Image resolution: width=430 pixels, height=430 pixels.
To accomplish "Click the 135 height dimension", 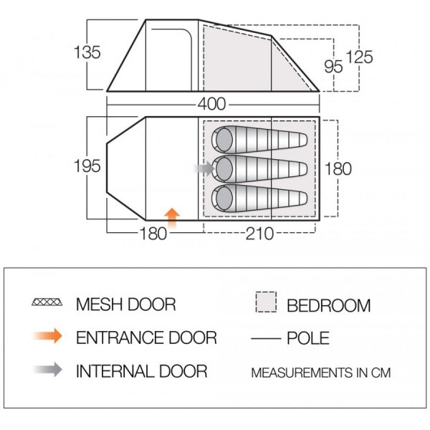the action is pos(87,52).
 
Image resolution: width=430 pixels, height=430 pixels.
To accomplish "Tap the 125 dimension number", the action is pos(359,57).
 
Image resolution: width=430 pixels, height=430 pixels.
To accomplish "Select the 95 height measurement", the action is pos(333,67).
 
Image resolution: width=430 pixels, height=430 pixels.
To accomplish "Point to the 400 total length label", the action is pos(212,104).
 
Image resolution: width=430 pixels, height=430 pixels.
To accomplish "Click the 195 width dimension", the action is pos(87,166).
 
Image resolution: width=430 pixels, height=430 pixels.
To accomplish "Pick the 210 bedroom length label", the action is pos(259,234).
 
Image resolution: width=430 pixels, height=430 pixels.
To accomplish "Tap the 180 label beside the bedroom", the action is pos(338,168).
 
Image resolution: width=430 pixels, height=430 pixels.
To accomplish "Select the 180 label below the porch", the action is pos(153,234).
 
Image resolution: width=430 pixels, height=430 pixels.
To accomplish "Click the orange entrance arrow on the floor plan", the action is pos(172,218).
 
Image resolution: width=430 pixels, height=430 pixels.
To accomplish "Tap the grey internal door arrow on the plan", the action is pos(204,168).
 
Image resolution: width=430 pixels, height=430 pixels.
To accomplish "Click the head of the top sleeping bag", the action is pos(224,140).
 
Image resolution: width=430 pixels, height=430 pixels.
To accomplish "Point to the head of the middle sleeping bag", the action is pos(224,168).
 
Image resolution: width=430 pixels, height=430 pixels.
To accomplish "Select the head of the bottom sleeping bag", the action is pos(224,198).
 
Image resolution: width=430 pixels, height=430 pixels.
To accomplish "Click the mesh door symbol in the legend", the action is pos(47,302).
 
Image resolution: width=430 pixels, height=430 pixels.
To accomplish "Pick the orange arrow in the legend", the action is pos(48,335).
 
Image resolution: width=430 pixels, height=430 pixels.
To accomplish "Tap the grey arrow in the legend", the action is pos(48,369).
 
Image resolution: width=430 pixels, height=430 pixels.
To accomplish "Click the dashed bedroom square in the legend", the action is pos(266,302).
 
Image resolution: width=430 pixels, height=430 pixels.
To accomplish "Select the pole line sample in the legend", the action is pos(266,339).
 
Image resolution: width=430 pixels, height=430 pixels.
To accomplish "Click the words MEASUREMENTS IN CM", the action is pos(321,373).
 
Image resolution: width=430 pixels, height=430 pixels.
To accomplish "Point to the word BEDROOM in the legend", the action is pos(328,305).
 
